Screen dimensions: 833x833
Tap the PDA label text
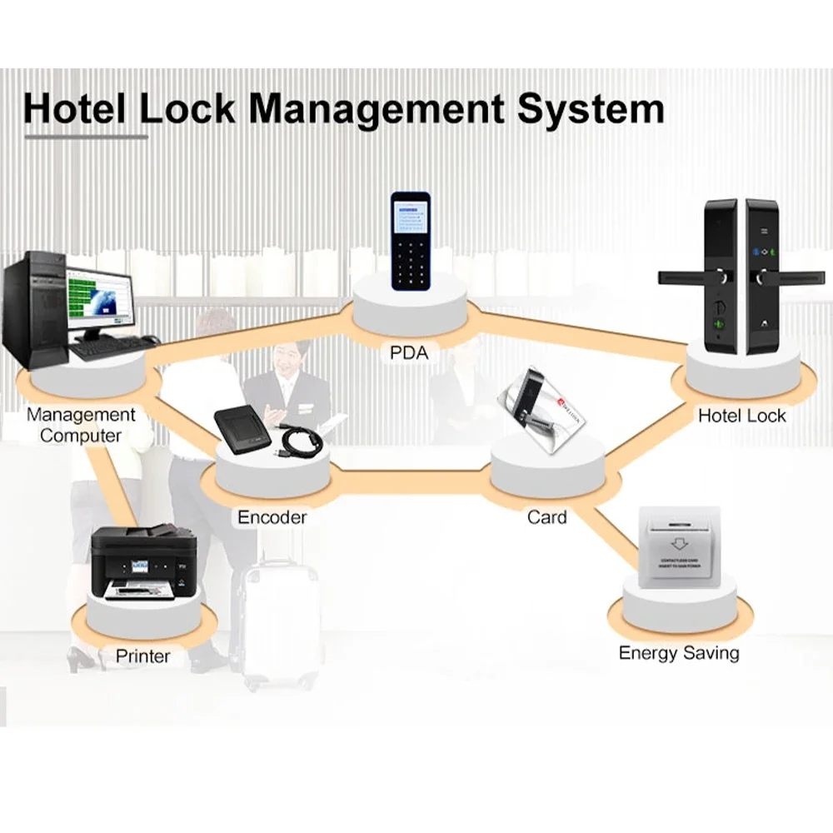click(x=409, y=352)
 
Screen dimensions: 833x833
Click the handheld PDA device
click(x=411, y=241)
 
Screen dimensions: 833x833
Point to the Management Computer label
click(x=81, y=425)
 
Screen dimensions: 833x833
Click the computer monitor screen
click(x=101, y=297)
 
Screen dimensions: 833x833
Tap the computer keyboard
click(x=112, y=346)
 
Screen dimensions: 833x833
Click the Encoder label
click(x=272, y=517)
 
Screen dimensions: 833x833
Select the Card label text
click(x=546, y=517)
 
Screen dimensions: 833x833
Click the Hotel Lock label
click(x=741, y=415)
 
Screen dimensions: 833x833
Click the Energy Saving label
click(x=678, y=652)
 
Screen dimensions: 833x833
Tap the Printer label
click(x=142, y=656)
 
